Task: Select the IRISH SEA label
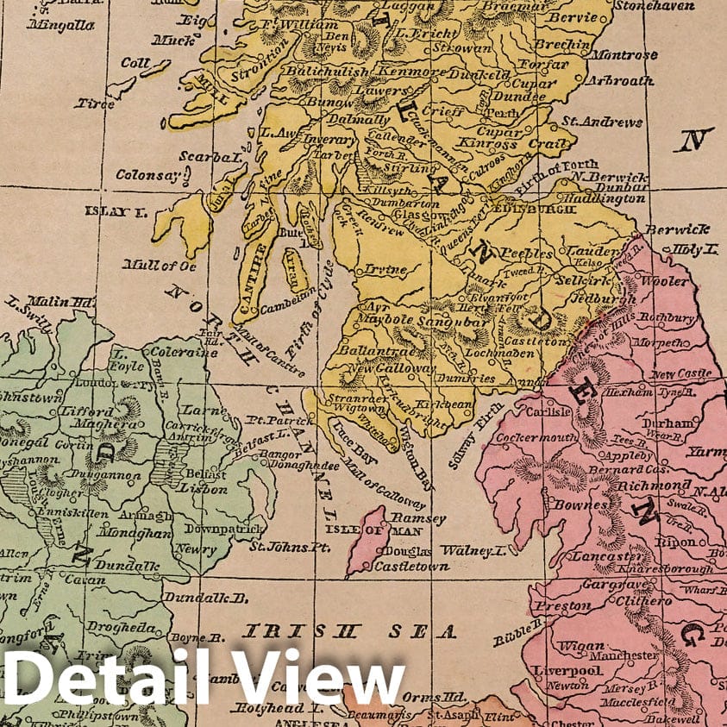pos(348,630)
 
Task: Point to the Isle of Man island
pos(367,538)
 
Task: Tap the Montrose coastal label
pos(649,54)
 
